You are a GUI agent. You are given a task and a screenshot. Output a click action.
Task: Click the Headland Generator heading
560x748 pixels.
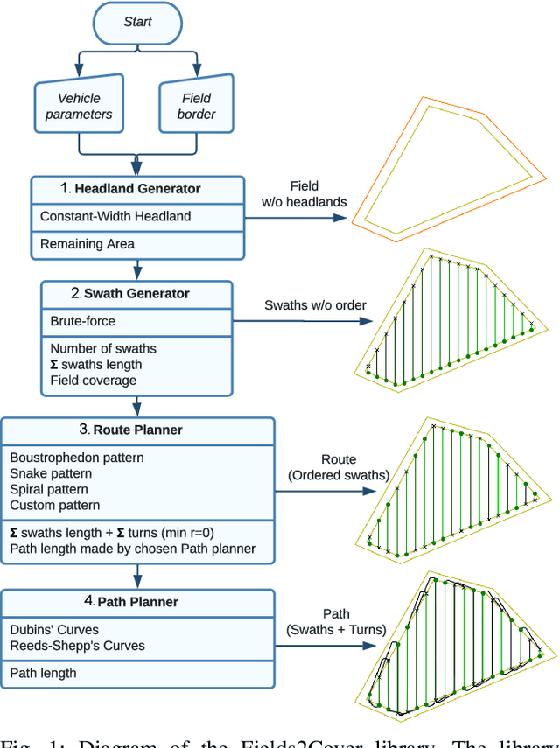tap(137, 189)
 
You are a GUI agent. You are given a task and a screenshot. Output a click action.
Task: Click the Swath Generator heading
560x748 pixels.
tap(136, 294)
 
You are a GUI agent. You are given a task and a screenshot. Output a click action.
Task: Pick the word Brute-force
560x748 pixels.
tap(83, 321)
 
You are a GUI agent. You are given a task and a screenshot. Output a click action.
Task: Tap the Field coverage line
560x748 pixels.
tap(94, 381)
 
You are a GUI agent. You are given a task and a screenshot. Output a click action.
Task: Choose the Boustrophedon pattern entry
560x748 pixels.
tap(77, 458)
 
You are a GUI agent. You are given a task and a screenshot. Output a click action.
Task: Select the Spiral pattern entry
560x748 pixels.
tap(49, 489)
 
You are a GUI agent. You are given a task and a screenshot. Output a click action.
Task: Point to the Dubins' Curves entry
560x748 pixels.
tap(54, 629)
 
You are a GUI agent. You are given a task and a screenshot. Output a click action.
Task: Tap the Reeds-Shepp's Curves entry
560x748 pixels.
tap(78, 646)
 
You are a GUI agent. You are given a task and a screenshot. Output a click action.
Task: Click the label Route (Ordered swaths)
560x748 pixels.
tap(339, 467)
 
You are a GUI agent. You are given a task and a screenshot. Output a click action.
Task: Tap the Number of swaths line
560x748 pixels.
tap(103, 348)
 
